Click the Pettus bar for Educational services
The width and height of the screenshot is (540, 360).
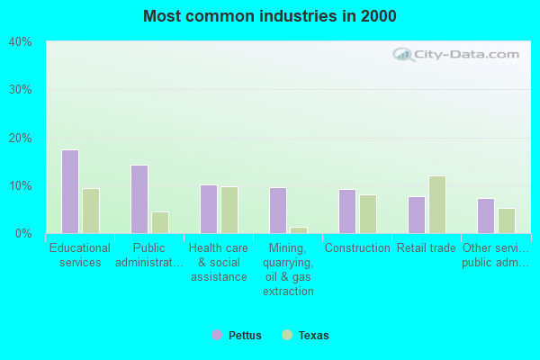[x=70, y=192]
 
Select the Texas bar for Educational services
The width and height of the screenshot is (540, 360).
[x=91, y=211]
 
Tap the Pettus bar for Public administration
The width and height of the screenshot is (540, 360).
[x=139, y=199]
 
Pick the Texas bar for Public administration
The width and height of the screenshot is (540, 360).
[x=160, y=222]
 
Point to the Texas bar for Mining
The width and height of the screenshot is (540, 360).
[x=299, y=229]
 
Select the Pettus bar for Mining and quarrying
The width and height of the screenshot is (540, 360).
[x=278, y=211]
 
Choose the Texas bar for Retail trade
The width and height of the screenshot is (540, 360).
[x=437, y=204]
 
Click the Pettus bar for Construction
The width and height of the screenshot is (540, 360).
[x=347, y=211]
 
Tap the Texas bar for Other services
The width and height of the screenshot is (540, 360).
[x=507, y=220]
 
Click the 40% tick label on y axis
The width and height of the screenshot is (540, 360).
[x=20, y=42]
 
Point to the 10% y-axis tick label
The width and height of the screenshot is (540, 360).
[x=20, y=186]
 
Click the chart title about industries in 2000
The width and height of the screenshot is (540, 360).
[x=269, y=16]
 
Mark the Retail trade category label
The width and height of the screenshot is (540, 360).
[x=427, y=247]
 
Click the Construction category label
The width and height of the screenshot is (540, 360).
[x=357, y=247]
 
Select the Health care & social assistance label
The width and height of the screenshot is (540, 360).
[x=219, y=262]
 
